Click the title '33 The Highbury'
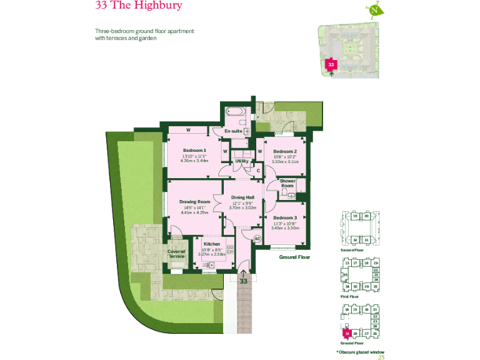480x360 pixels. pyautogui.click(x=139, y=6)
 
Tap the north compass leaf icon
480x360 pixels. pyautogui.click(x=375, y=10)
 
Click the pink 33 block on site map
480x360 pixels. pyautogui.click(x=331, y=64)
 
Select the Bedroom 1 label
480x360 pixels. pyautogui.click(x=194, y=151)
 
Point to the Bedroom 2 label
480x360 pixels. pyautogui.click(x=284, y=152)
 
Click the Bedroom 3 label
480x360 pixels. pyautogui.click(x=285, y=217)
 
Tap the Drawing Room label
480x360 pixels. pyautogui.click(x=195, y=202)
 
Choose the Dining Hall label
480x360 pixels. pyautogui.click(x=242, y=197)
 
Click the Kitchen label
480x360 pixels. pyautogui.click(x=211, y=244)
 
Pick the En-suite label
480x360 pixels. pyautogui.click(x=233, y=131)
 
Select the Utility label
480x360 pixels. pyautogui.click(x=241, y=161)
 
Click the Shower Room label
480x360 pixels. pyautogui.click(x=287, y=184)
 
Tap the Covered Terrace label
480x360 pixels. pyautogui.click(x=176, y=254)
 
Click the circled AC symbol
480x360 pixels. pyautogui.click(x=256, y=238)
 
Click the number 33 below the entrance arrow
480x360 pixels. pyautogui.click(x=244, y=281)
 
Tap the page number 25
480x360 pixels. pyautogui.click(x=381, y=357)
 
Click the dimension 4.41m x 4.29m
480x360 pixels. pyautogui.click(x=194, y=212)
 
